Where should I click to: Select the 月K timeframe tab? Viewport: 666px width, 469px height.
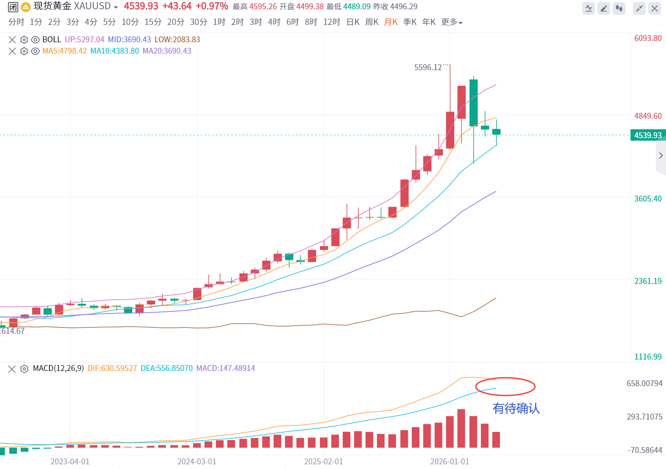pyautogui.click(x=390, y=22)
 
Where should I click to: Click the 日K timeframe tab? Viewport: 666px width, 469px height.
pyautogui.click(x=353, y=22)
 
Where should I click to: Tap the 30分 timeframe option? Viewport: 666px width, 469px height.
pyautogui.click(x=198, y=22)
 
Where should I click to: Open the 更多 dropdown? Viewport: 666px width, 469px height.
pyautogui.click(x=452, y=22)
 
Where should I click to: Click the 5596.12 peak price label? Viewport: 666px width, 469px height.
pyautogui.click(x=428, y=68)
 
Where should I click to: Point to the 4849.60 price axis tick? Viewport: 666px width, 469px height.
pyautogui.click(x=648, y=116)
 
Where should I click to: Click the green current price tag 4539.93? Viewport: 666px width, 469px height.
pyautogui.click(x=648, y=135)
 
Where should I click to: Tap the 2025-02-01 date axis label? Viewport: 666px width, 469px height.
pyautogui.click(x=323, y=461)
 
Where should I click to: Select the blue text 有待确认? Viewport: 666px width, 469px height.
pyautogui.click(x=516, y=409)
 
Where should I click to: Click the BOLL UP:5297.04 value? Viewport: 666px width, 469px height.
pyautogui.click(x=85, y=40)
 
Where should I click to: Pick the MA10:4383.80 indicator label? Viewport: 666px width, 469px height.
pyautogui.click(x=115, y=51)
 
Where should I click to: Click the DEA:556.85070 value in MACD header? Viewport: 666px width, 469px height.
pyautogui.click(x=166, y=368)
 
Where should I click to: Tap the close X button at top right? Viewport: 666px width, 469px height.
pyautogui.click(x=655, y=8)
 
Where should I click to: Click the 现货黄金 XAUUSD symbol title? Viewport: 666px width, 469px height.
pyautogui.click(x=72, y=6)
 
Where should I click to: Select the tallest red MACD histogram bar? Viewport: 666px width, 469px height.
pyautogui.click(x=461, y=428)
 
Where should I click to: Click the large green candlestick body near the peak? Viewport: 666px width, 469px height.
pyautogui.click(x=474, y=103)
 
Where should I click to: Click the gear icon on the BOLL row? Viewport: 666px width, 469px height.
pyautogui.click(x=24, y=40)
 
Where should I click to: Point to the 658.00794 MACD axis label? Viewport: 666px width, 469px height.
pyautogui.click(x=644, y=383)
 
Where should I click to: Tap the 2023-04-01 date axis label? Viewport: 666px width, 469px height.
pyautogui.click(x=70, y=461)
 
